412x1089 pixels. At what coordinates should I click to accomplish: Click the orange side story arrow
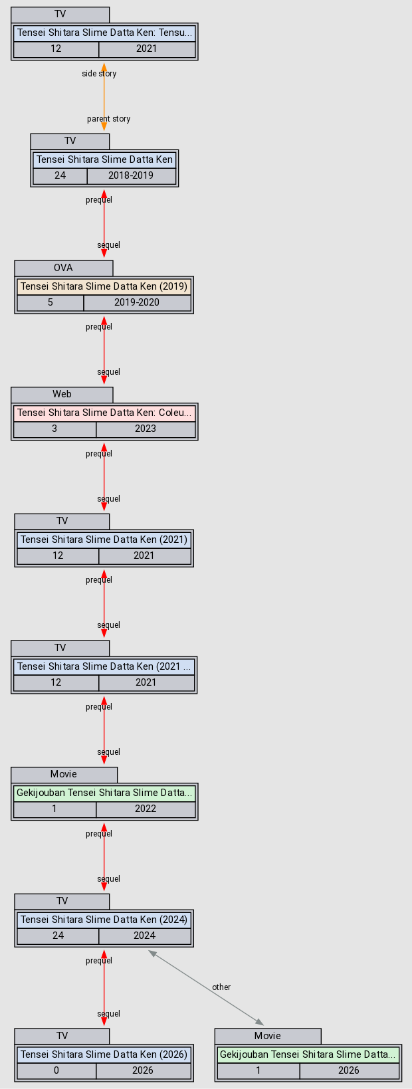[x=104, y=96]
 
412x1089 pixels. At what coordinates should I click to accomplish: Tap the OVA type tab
[x=64, y=268]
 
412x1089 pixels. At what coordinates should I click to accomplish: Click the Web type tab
[x=62, y=394]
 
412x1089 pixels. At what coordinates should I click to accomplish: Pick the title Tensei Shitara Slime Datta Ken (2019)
[x=104, y=286]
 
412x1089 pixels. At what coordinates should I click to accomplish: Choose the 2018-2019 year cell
[x=131, y=176]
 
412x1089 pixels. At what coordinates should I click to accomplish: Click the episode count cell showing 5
[x=51, y=302]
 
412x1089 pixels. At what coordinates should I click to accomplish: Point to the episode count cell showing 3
[x=54, y=429]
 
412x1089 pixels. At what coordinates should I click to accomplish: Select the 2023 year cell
[x=146, y=429]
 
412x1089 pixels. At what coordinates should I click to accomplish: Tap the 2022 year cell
[x=146, y=809]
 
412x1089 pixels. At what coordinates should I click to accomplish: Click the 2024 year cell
[x=144, y=936]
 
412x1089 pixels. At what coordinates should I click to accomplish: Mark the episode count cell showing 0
[x=56, y=1070]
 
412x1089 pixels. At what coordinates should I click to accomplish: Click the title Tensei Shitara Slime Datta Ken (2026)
[x=104, y=1054]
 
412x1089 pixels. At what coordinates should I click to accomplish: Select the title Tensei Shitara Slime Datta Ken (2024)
[x=104, y=920]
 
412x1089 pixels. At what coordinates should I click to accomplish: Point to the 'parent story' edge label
[x=108, y=119]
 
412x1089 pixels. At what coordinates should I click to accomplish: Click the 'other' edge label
[x=221, y=987]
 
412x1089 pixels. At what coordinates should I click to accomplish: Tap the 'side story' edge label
[x=99, y=74]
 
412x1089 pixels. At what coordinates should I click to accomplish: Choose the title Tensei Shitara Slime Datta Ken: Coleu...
[x=104, y=413]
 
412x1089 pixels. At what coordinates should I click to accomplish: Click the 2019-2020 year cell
[x=137, y=302]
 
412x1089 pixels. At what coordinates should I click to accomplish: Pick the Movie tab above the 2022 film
[x=64, y=774]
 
